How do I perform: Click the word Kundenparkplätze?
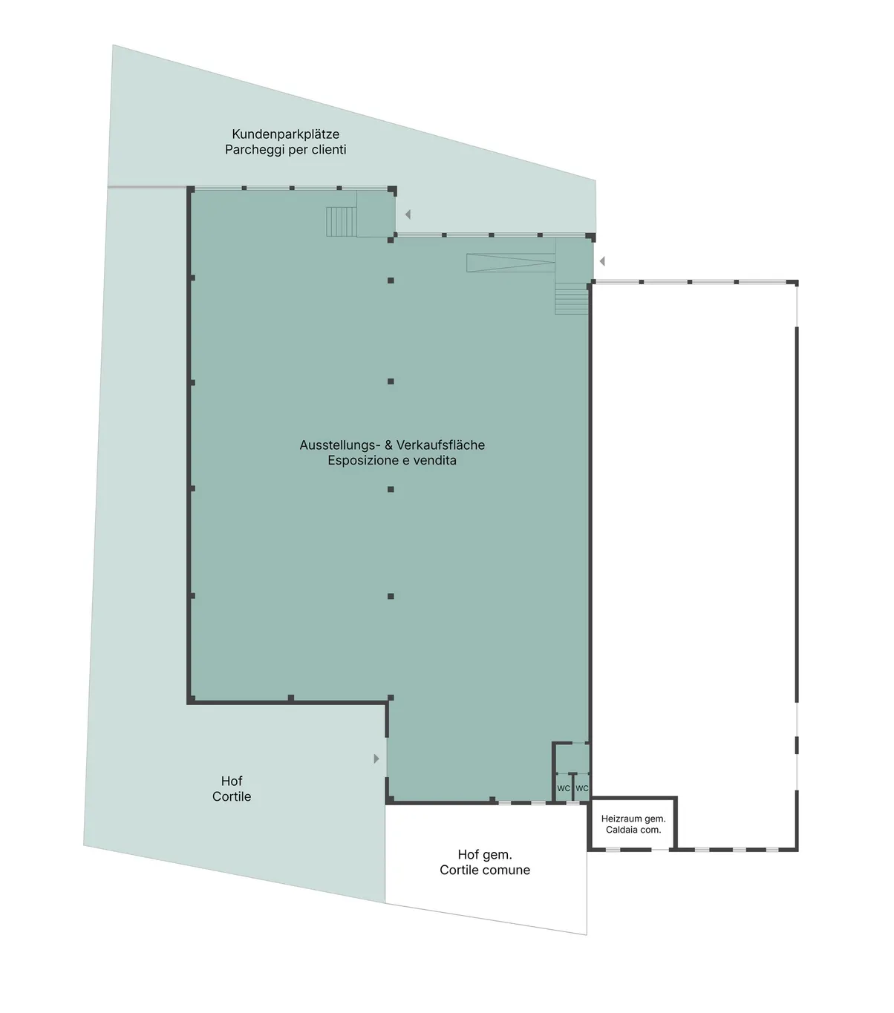point(285,134)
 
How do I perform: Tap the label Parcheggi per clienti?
point(285,149)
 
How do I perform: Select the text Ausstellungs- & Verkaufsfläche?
point(392,445)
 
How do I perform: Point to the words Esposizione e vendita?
point(392,461)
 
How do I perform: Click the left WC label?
point(564,788)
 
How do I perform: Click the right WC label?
point(582,788)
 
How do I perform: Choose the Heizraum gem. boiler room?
point(633,824)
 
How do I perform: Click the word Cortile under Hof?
point(231,796)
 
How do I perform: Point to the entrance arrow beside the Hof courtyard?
point(376,758)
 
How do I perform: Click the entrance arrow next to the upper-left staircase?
point(408,214)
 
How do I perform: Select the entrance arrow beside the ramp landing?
point(602,261)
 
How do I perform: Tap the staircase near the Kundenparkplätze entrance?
point(342,221)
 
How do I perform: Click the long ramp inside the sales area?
point(511,263)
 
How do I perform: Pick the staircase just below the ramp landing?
point(571,298)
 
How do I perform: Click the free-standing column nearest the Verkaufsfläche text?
point(391,489)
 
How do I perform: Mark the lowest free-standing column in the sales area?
point(391,596)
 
